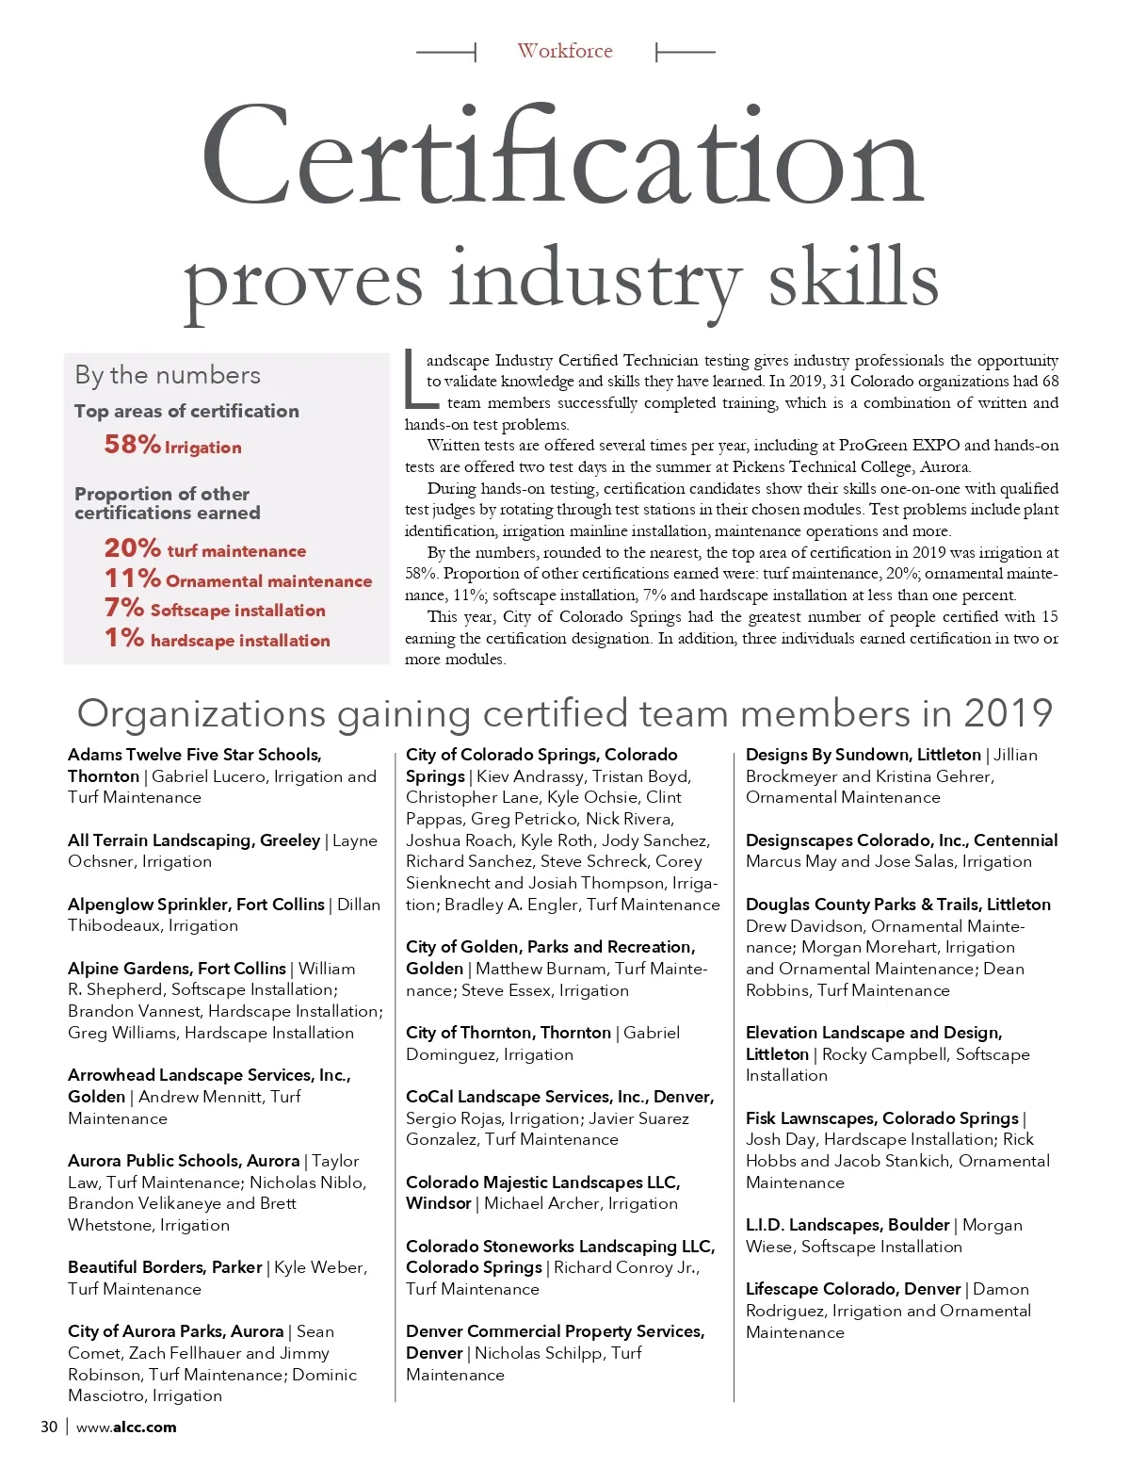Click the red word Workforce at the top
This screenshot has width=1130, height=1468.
click(x=565, y=51)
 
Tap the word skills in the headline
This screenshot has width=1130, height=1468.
click(x=853, y=278)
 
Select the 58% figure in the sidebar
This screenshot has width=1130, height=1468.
click(x=132, y=444)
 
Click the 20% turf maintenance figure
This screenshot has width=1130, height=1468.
click(x=132, y=548)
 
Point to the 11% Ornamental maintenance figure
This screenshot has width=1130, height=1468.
click(x=132, y=579)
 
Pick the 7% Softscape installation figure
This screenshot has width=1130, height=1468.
click(x=124, y=609)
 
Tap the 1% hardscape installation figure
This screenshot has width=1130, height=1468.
click(x=124, y=639)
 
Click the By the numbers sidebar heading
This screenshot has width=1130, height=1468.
click(x=168, y=375)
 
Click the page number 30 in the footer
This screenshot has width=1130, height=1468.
click(x=49, y=1427)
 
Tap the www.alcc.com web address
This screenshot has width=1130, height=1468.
click(x=126, y=1427)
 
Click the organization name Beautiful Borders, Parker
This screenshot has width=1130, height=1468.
click(x=165, y=1267)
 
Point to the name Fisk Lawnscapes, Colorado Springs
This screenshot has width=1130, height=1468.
click(x=881, y=1118)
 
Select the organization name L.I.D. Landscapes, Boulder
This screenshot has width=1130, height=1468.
click(x=847, y=1225)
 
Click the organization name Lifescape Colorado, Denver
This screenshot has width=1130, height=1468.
click(x=853, y=1289)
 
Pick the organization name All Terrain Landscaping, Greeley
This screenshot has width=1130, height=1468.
click(x=194, y=840)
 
